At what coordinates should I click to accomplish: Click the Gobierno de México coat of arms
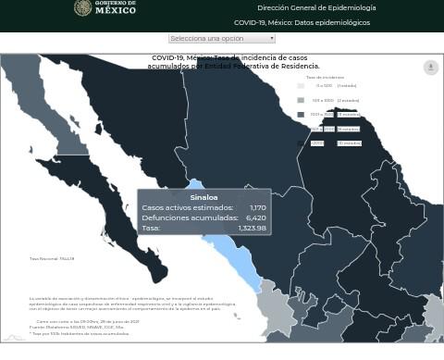click(82, 8)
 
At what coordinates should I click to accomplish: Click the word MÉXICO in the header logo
click(116, 11)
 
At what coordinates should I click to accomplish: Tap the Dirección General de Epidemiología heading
click(316, 7)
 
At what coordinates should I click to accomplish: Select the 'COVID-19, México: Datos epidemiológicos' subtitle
click(302, 22)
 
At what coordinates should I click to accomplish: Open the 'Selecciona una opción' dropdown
click(221, 38)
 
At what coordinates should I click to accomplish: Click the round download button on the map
click(430, 68)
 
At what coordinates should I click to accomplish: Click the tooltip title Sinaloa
click(203, 197)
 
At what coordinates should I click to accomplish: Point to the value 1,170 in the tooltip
click(257, 207)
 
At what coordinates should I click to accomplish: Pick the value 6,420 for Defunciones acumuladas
click(255, 217)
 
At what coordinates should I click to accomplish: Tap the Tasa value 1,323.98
click(252, 228)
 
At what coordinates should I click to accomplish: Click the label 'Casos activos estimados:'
click(187, 207)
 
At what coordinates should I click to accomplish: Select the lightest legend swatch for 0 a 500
click(301, 86)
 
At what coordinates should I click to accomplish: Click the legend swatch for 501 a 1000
click(301, 100)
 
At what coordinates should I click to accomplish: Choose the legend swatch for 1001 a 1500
click(301, 115)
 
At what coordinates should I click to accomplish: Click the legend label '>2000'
click(317, 143)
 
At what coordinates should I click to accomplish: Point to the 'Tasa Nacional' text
click(52, 258)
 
